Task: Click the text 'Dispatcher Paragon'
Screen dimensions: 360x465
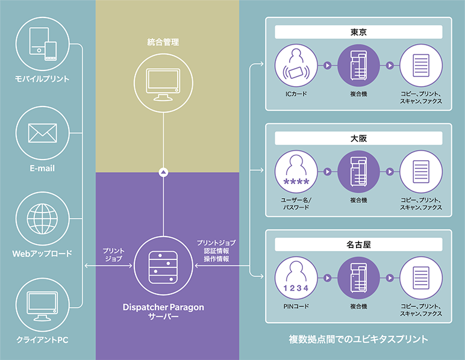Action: point(163,307)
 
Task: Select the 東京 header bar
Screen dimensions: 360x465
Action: point(358,32)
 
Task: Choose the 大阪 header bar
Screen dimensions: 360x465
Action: point(358,138)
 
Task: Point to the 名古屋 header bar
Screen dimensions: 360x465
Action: point(358,245)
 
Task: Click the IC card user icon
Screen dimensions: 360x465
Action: point(296,66)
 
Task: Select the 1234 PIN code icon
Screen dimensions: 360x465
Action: point(296,279)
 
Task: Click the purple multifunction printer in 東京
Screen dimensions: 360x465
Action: point(359,66)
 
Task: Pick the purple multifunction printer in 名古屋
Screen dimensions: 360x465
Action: point(359,279)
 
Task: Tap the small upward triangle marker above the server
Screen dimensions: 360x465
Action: point(163,172)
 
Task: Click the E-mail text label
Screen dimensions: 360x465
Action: point(42,169)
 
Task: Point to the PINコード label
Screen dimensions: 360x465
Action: point(296,306)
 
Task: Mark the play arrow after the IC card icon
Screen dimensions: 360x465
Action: point(328,66)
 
